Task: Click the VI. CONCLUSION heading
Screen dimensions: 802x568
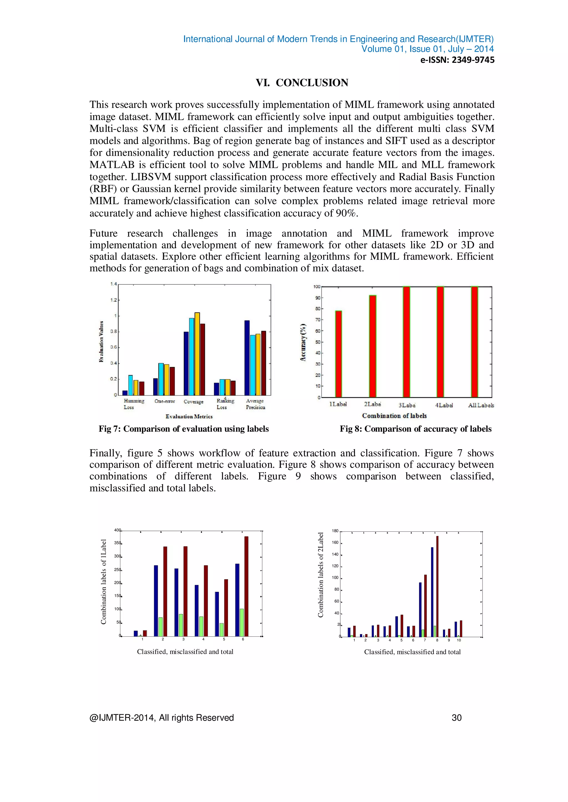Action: click(302, 83)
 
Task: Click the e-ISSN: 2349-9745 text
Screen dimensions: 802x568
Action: click(457, 60)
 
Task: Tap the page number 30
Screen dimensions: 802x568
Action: click(457, 718)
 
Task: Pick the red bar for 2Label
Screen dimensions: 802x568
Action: click(372, 346)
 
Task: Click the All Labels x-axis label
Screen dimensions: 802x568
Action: click(481, 405)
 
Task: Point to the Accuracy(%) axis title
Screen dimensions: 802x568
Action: click(303, 342)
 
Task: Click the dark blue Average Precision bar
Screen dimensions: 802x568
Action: click(247, 358)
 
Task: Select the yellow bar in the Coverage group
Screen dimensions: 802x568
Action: click(197, 353)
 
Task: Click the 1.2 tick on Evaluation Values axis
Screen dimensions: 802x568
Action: click(113, 300)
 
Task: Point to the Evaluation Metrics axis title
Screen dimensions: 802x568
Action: click(189, 416)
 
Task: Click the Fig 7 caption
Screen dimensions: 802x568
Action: click(184, 429)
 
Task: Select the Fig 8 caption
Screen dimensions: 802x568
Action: click(415, 429)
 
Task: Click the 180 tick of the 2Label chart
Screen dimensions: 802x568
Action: click(335, 531)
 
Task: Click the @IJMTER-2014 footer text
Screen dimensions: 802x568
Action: click(162, 718)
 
